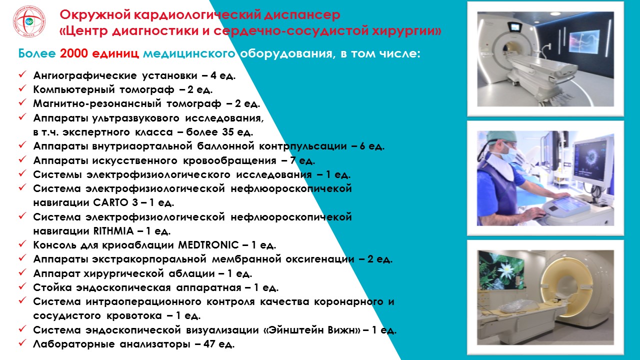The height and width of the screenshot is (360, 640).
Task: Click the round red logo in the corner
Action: click(x=29, y=21)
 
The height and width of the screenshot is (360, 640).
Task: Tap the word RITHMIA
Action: click(x=113, y=231)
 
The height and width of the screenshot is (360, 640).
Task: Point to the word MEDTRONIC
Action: click(x=208, y=245)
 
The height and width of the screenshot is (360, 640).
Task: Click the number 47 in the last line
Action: click(x=209, y=344)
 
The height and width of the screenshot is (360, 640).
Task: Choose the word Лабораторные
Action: click(x=73, y=344)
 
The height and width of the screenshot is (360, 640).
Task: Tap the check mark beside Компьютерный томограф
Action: click(x=22, y=88)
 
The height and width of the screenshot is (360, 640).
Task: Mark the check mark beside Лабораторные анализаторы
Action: click(x=22, y=342)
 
